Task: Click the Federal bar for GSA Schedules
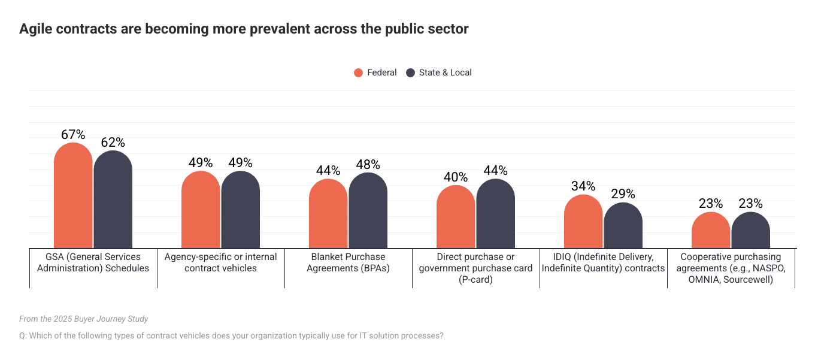tap(74, 196)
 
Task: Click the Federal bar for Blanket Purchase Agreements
tap(328, 214)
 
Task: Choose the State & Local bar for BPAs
tap(368, 211)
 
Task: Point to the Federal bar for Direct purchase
tap(456, 217)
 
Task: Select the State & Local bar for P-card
tap(495, 214)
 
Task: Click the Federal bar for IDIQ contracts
tap(583, 222)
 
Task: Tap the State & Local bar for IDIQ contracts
tap(623, 226)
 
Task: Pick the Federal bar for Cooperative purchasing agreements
tap(711, 231)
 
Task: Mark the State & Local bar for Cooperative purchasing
tap(750, 231)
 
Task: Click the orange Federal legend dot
tap(359, 73)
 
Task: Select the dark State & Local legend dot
tap(410, 73)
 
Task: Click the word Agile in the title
tap(36, 29)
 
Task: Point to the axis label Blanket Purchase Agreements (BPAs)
tap(348, 262)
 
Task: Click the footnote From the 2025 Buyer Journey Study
tap(83, 319)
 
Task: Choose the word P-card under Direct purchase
tap(475, 279)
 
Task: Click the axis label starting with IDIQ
tap(603, 262)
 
